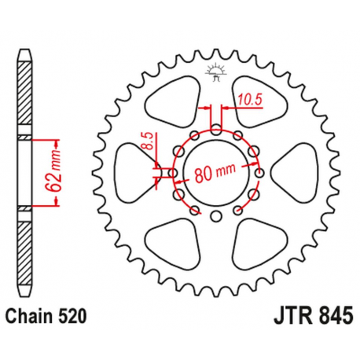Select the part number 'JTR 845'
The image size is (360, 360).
[x=309, y=318]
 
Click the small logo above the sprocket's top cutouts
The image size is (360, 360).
[x=215, y=73]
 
